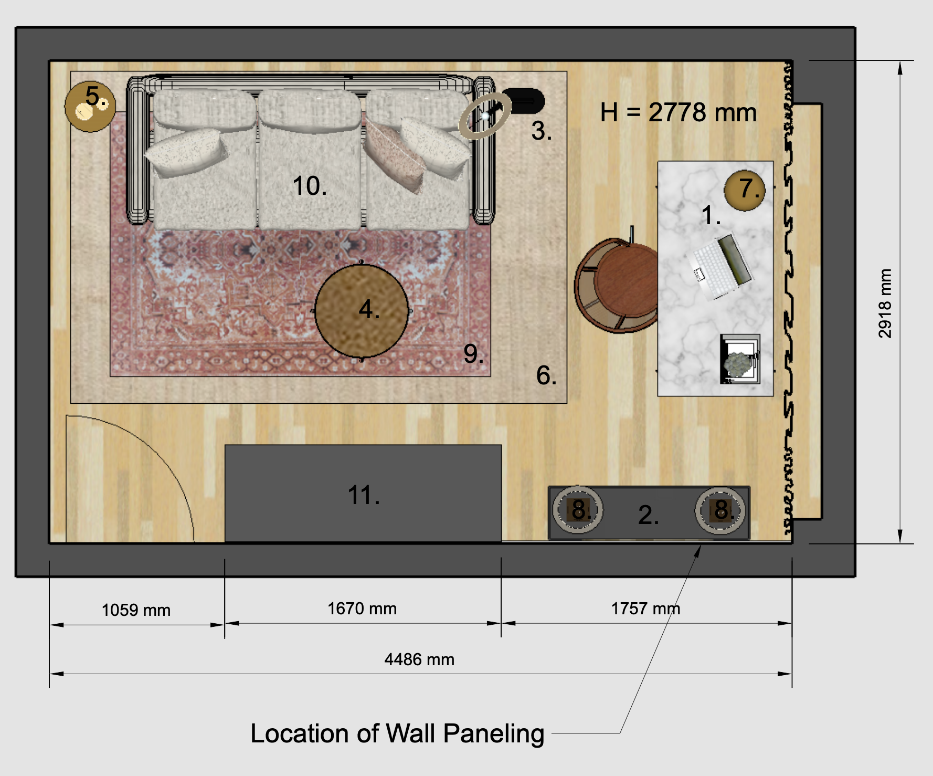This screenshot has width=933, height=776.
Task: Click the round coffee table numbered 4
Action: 362,310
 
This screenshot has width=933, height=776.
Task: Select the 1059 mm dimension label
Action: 136,610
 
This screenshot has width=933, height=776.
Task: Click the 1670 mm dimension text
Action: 362,609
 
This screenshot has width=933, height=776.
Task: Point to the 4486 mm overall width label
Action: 419,659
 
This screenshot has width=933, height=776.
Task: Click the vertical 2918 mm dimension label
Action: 885,303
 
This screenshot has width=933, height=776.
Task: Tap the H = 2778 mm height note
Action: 678,112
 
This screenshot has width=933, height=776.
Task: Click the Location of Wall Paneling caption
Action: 397,734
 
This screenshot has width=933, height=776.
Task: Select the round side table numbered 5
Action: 90,107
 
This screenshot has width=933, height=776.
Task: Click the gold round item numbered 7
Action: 745,190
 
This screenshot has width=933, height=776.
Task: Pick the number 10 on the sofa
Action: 310,186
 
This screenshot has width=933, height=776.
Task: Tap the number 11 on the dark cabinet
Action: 364,495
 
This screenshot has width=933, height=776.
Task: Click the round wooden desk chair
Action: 617,286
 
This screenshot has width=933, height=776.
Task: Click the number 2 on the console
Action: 649,515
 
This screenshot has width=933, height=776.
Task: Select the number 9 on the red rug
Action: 473,354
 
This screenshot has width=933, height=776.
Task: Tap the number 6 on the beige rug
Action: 546,375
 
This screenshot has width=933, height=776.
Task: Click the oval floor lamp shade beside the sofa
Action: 485,116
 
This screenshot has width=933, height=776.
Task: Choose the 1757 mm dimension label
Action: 645,609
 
